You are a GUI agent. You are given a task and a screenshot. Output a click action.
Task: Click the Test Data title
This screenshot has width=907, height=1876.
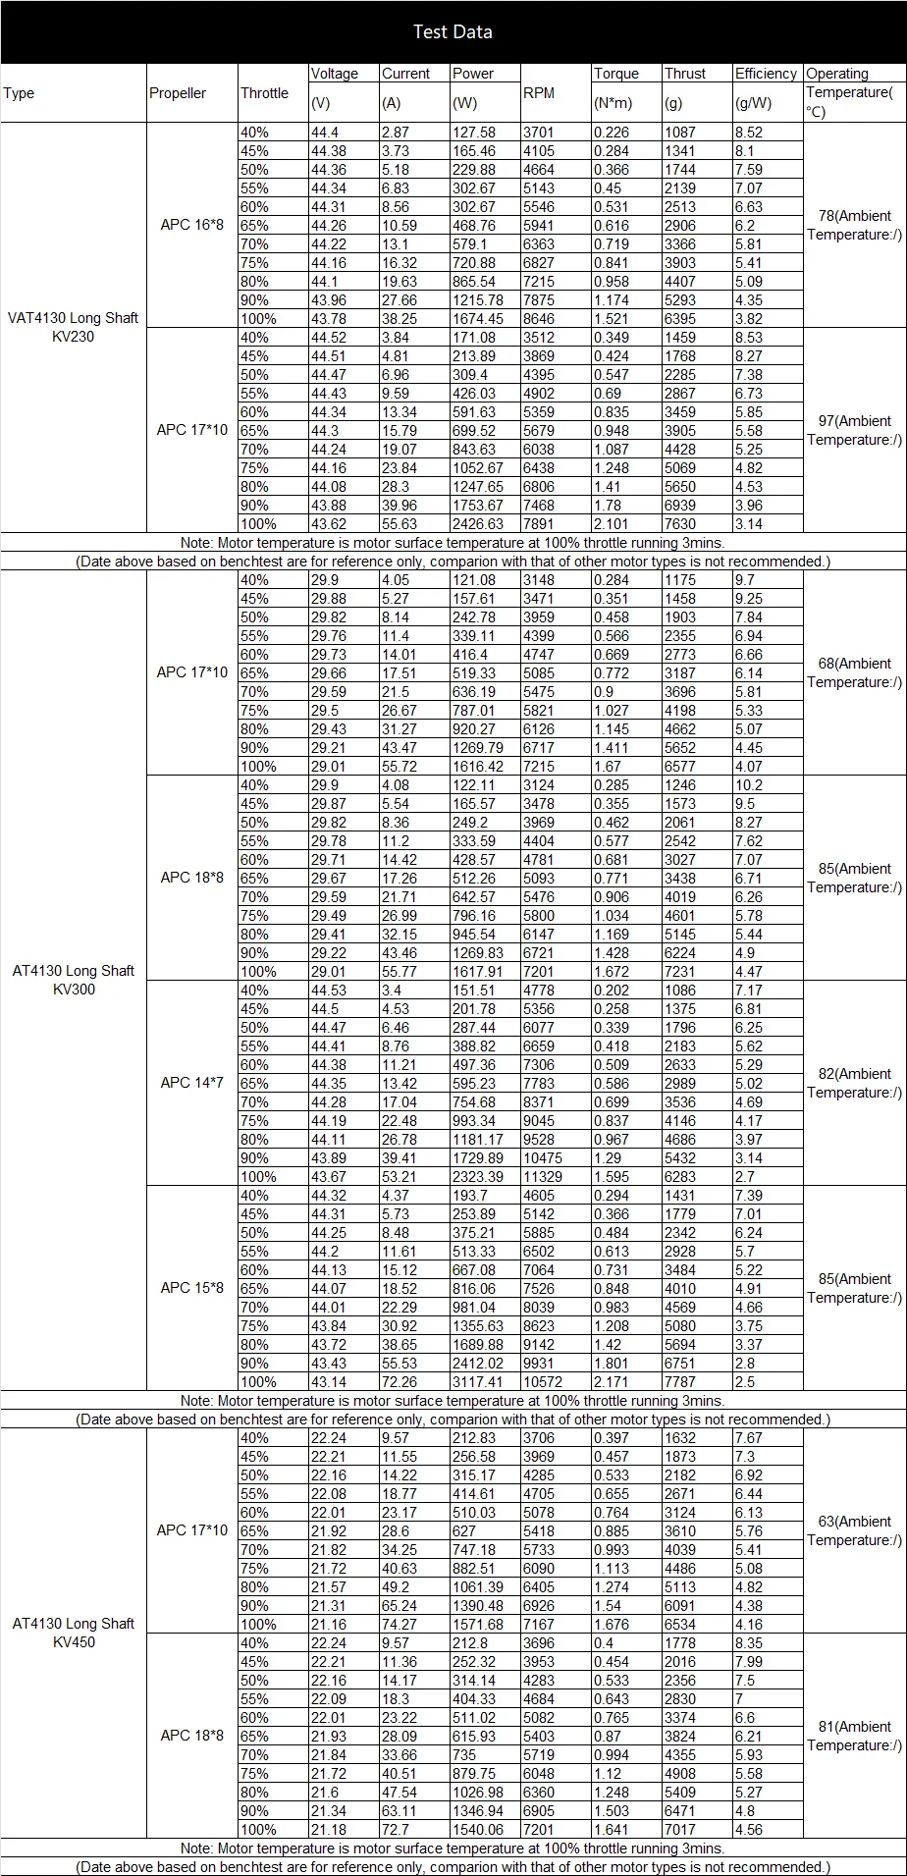(453, 32)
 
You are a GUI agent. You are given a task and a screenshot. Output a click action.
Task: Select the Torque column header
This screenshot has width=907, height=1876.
(615, 74)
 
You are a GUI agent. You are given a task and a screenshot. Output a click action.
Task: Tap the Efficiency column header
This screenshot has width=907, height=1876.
(766, 74)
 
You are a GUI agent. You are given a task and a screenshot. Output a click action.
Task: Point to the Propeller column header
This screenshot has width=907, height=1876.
(178, 93)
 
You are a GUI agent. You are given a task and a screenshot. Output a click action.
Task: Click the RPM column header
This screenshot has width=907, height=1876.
(539, 93)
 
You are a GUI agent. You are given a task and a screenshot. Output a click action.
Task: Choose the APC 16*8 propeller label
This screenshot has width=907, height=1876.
(192, 225)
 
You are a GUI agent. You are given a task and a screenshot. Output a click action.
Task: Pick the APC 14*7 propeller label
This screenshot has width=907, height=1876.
(192, 1083)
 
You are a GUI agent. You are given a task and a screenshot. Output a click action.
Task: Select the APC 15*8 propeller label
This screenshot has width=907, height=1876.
(192, 1288)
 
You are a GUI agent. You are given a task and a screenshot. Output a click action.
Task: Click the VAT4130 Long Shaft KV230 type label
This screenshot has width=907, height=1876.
(74, 328)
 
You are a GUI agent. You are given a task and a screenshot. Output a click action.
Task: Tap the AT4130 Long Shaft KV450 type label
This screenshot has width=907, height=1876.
(74, 1633)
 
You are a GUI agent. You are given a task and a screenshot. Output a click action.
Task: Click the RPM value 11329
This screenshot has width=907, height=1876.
(543, 1177)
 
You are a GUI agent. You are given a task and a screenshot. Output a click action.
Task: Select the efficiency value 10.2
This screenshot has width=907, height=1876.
(749, 785)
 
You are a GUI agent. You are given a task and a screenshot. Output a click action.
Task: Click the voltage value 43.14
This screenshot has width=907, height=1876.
(329, 1382)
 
